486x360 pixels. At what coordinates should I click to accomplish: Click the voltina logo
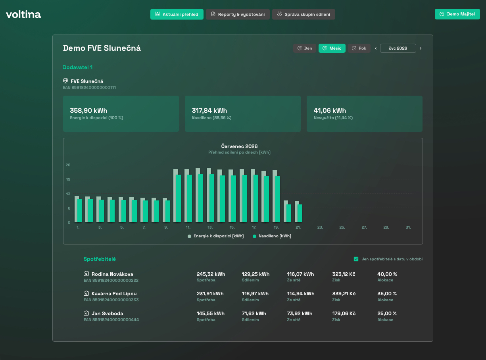point(23,14)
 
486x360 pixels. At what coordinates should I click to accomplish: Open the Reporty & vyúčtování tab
point(238,14)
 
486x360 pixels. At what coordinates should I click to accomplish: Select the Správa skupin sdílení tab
point(304,14)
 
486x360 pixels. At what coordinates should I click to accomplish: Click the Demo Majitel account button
point(457,14)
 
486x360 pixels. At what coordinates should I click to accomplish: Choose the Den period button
point(305,48)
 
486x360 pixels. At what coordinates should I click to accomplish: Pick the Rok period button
point(359,48)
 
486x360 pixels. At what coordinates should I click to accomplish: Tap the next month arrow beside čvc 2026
point(421,48)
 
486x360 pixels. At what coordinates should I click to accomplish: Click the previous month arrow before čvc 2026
point(376,48)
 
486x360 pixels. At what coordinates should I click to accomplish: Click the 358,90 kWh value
point(88,110)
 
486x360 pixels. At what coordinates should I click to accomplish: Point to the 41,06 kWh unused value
point(330,110)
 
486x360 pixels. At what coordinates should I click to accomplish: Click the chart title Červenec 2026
point(239,146)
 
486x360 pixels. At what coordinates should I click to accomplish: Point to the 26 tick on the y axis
point(68,165)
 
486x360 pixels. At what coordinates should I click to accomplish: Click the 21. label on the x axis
point(298,227)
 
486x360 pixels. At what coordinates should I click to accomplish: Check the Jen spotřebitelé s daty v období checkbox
point(356,259)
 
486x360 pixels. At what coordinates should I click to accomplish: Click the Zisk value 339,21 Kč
point(344,294)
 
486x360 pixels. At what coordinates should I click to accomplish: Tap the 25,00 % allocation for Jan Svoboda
point(387,314)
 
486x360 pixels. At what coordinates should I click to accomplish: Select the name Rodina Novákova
point(112,274)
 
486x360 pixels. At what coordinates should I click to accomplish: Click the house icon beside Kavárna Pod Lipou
point(86,293)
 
